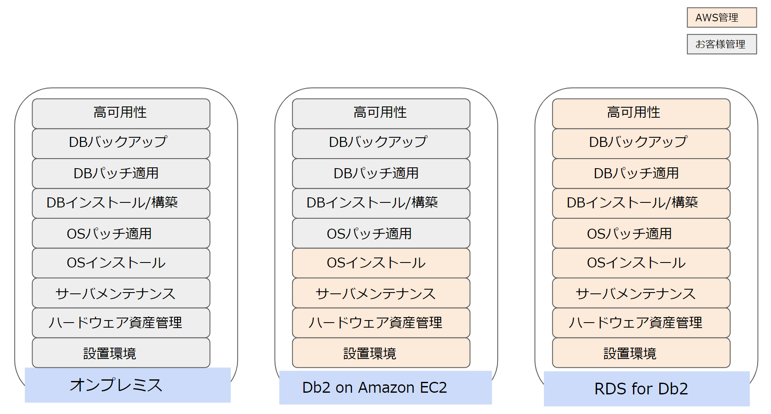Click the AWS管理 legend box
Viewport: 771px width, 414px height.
(721, 18)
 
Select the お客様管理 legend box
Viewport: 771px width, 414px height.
(721, 44)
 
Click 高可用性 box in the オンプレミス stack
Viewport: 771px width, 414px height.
(121, 113)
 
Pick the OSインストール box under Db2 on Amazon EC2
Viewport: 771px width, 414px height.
(381, 263)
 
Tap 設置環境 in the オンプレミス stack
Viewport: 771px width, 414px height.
(121, 353)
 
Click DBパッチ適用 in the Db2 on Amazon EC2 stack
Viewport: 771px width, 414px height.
(381, 173)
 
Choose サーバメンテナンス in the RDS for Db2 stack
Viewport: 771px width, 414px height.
(641, 293)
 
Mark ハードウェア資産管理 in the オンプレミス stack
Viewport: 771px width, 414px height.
(121, 323)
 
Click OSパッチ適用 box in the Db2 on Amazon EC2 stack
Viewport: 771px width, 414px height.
(381, 233)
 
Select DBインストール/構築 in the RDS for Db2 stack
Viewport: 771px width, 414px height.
(641, 203)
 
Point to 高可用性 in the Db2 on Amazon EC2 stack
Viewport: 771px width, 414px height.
(381, 113)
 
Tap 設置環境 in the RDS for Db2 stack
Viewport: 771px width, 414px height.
(641, 353)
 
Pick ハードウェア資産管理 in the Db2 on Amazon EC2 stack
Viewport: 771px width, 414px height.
(381, 323)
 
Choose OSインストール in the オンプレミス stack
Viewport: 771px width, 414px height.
(121, 263)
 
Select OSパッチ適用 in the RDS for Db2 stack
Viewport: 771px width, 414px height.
(641, 233)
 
